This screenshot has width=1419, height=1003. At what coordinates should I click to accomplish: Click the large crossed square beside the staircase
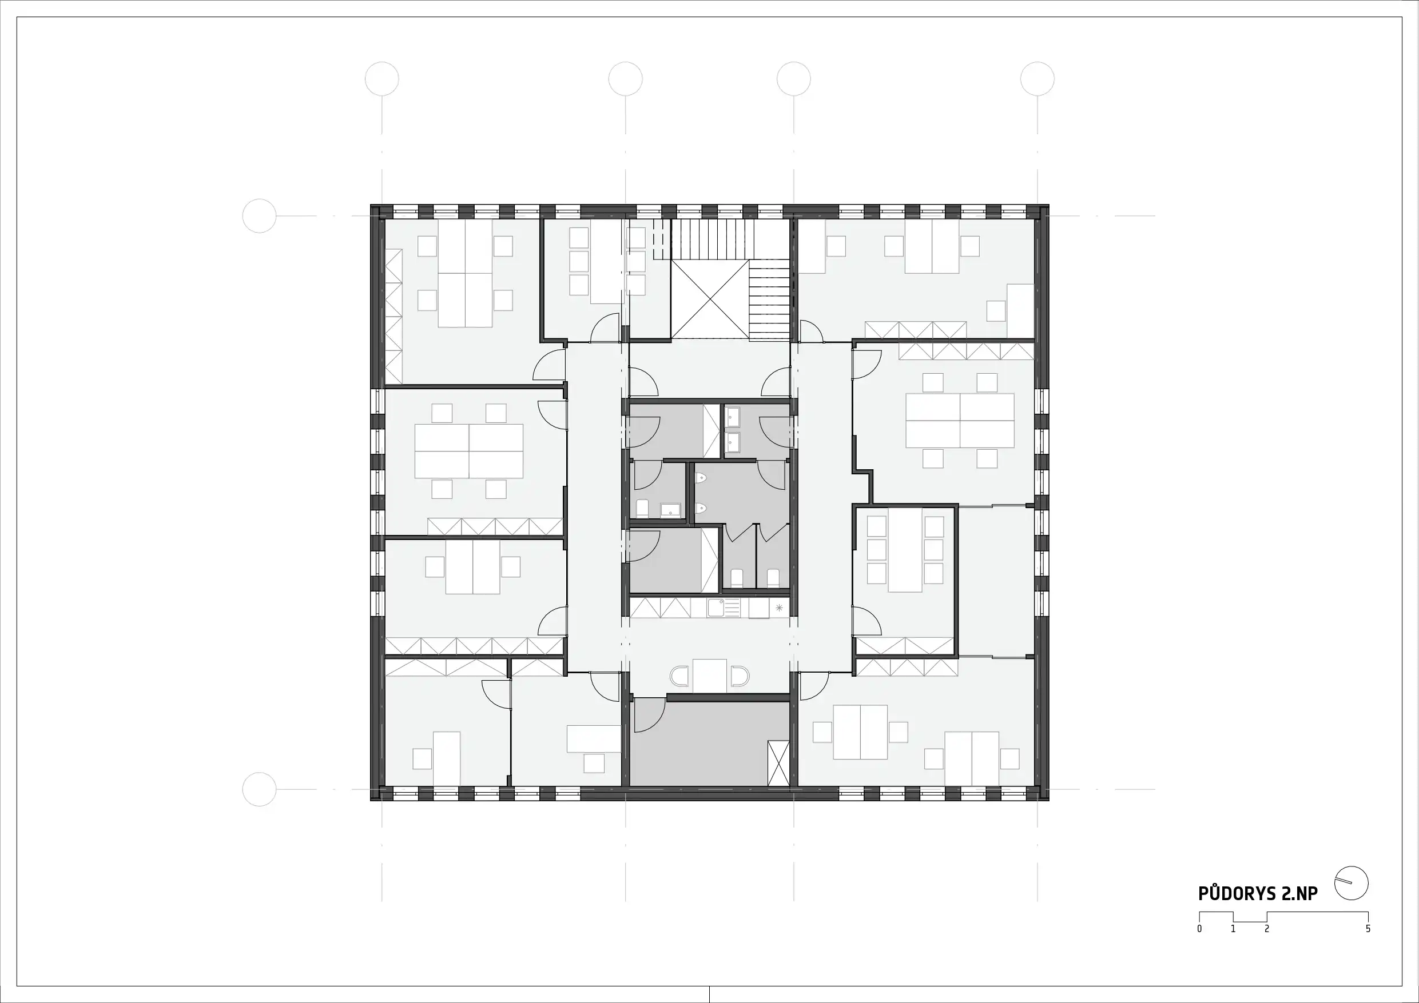[x=710, y=299]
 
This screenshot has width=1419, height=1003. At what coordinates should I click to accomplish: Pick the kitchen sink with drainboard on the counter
[x=724, y=608]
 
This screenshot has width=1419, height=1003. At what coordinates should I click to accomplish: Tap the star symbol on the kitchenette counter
[x=779, y=608]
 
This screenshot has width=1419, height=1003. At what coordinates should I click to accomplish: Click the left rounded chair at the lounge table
[x=679, y=676]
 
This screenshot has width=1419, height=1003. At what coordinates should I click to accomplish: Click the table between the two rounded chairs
[x=709, y=676]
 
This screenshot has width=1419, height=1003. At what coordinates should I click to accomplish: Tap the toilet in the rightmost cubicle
[x=773, y=577]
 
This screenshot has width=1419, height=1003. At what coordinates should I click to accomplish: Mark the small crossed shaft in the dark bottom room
[x=778, y=763]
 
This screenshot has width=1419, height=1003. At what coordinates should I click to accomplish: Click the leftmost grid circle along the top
[x=382, y=79]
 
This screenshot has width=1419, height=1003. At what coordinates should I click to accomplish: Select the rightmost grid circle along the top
[x=1037, y=79]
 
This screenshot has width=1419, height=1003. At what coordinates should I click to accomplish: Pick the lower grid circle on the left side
[x=260, y=789]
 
